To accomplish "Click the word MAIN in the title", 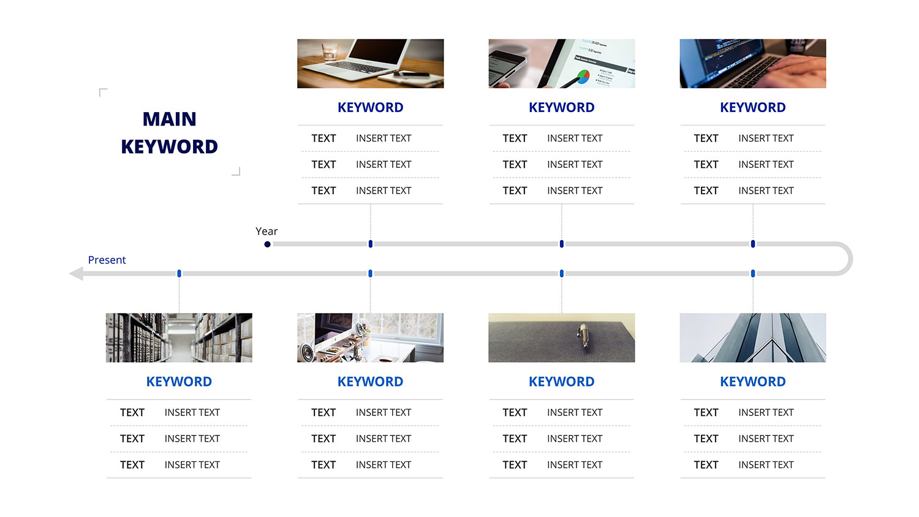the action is (x=170, y=119).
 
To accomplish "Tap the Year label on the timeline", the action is (x=267, y=232).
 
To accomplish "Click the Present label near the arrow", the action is (x=107, y=260).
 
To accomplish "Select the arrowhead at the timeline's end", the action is (x=77, y=274).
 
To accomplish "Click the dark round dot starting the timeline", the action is (x=268, y=244).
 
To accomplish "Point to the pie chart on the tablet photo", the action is (x=583, y=76).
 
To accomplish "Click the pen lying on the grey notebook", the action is (x=583, y=336).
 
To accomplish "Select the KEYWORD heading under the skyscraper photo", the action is (x=753, y=382).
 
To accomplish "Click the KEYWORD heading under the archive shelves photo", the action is (x=179, y=382).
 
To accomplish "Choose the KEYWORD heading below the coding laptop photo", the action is (x=753, y=107).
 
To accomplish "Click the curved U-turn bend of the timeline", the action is (x=850, y=259).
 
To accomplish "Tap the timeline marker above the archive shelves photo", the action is (x=180, y=274).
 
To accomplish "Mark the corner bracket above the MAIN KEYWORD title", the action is (x=103, y=92).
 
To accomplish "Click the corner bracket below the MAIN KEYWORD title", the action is (x=236, y=172).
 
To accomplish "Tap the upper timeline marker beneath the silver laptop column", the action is (x=371, y=244).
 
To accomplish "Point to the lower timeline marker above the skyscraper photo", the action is (x=753, y=274).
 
